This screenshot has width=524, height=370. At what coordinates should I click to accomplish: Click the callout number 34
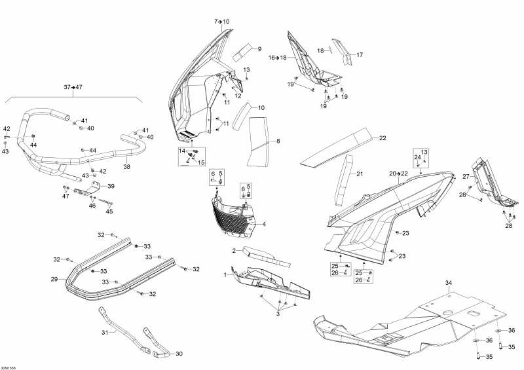[x=449, y=283]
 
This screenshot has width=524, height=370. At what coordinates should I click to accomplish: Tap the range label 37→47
[x=73, y=87]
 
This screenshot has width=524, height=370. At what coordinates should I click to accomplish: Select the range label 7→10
[x=222, y=22]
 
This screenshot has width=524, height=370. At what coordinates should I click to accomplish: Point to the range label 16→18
[x=278, y=58]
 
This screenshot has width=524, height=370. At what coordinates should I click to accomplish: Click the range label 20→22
[x=398, y=173]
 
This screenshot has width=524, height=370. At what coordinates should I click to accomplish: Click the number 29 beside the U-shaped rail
[x=54, y=279]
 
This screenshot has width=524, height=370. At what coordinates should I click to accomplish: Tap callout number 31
[x=103, y=332]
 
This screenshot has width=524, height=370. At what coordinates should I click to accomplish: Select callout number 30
[x=179, y=354]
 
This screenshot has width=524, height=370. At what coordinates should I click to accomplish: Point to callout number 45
[x=109, y=211]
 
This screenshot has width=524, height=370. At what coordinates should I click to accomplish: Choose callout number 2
[x=233, y=250]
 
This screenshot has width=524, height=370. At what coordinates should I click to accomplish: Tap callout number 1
[x=226, y=274]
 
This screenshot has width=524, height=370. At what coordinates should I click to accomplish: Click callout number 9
[x=259, y=49]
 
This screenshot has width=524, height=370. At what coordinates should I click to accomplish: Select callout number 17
[x=360, y=54]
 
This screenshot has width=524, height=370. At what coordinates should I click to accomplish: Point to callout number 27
[x=466, y=176]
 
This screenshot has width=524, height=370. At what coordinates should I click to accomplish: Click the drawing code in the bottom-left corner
[x=9, y=366]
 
